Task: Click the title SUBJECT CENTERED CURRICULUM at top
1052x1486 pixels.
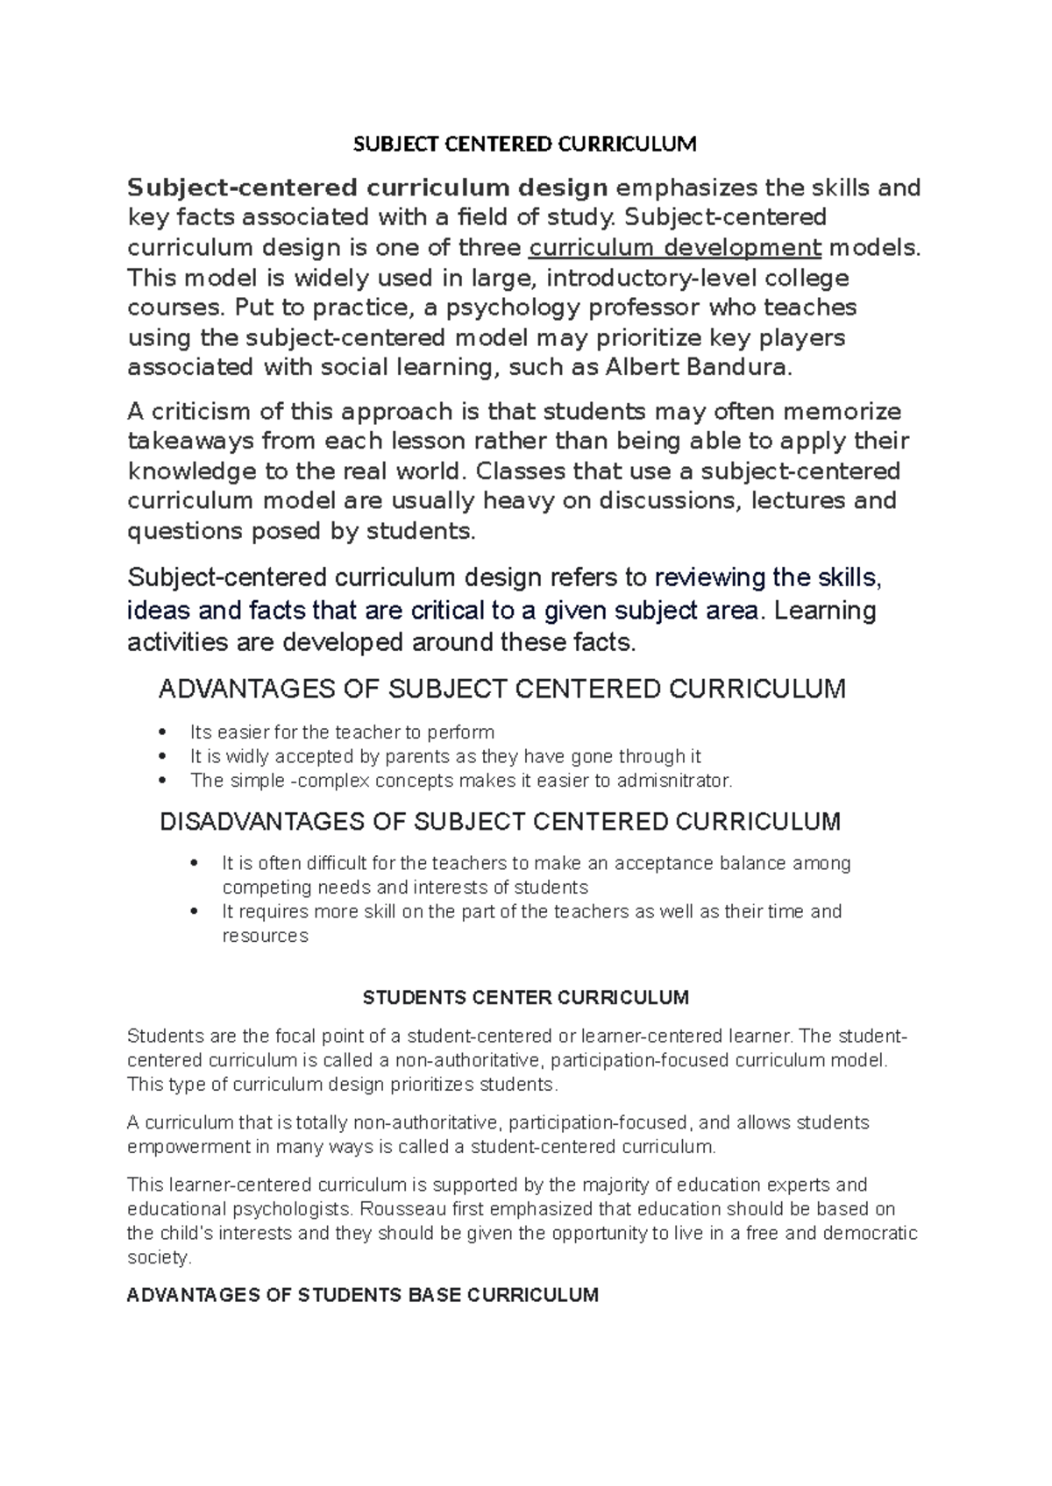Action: click(524, 145)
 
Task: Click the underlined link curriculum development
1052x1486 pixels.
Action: click(675, 248)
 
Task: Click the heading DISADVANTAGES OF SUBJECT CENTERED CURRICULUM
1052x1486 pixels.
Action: click(500, 822)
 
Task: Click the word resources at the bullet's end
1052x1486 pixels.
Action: click(265, 936)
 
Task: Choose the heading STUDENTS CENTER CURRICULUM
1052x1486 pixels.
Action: click(526, 997)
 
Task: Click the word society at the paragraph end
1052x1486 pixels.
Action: click(157, 1258)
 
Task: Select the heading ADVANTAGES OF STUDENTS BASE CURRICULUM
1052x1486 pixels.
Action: click(362, 1295)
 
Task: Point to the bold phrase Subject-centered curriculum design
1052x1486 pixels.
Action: click(367, 188)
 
